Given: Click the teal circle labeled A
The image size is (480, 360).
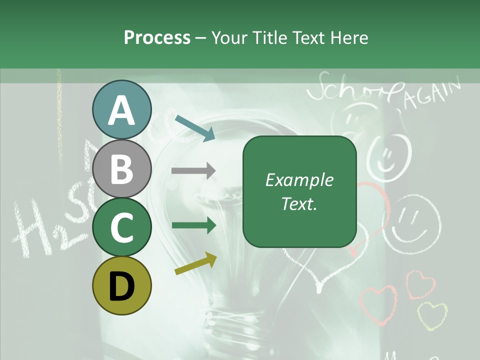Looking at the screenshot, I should tap(121, 110).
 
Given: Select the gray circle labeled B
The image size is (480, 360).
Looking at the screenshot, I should tap(121, 168).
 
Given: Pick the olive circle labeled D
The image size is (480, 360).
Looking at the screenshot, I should tap(121, 285).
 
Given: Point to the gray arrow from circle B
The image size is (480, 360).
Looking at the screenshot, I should tap(193, 170).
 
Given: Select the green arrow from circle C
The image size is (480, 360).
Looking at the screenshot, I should tap(193, 225).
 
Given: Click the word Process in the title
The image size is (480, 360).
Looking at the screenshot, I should tap(157, 37).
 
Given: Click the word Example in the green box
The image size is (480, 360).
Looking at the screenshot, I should tap(299, 180).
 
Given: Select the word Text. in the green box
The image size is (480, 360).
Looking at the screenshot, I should tap(299, 203).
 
